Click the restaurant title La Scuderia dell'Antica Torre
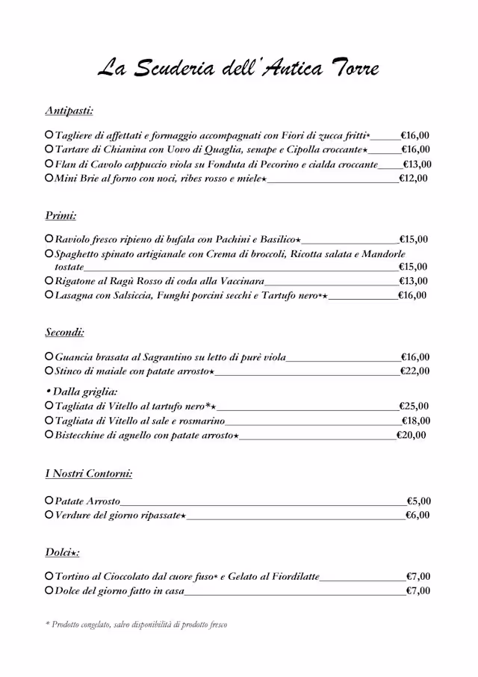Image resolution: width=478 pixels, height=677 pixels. coord(239,69)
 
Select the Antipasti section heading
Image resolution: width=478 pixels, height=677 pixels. coord(69,111)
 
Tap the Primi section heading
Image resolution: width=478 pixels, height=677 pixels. coord(60,215)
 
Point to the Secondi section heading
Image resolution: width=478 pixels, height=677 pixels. coord(64,333)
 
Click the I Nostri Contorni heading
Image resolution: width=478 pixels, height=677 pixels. coord(88,474)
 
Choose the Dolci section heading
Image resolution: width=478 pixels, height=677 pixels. coord(62,552)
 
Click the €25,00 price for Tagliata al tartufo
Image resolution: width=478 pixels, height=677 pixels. coord(414,406)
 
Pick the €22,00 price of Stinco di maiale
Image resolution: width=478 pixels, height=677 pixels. coord(415,371)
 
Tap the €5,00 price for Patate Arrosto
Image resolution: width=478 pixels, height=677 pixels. coord(418,501)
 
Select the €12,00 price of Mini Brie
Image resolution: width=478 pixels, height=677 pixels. coord(413,179)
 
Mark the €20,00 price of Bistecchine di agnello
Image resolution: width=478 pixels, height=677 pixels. coord(411,435)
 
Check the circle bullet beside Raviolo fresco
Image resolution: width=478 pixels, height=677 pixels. coord(49,239)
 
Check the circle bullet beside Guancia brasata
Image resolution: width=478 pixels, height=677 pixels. coord(49,357)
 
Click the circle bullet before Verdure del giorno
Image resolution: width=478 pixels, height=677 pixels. coord(49,515)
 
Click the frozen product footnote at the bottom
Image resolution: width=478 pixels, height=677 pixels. coord(136,625)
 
